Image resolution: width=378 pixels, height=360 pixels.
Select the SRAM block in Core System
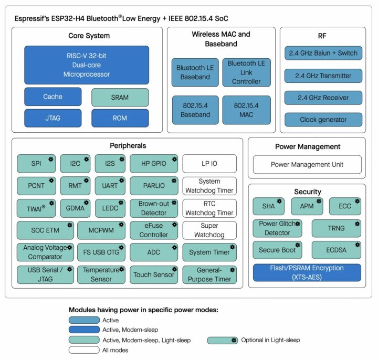[x=120, y=97]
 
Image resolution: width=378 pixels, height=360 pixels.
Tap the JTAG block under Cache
[x=52, y=118]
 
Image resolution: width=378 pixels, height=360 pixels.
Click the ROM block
[x=120, y=118]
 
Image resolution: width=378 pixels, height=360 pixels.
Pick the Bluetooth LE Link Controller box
[x=246, y=72]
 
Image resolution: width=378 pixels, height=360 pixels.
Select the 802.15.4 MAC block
[x=246, y=109]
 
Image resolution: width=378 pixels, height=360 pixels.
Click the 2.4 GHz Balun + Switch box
[x=323, y=54]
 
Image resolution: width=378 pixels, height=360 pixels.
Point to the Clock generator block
[x=323, y=120]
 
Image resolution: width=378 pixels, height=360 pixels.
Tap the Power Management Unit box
[x=307, y=164]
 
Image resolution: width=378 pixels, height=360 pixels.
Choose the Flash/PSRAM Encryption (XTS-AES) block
[x=307, y=272]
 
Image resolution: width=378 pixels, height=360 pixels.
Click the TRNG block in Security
[x=337, y=228]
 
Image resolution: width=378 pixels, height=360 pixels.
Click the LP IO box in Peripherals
[x=209, y=164]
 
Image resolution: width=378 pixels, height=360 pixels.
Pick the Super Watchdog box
[x=209, y=230]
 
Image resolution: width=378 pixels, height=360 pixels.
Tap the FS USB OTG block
[x=101, y=252]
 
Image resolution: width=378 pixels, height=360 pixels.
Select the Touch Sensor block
[x=153, y=274]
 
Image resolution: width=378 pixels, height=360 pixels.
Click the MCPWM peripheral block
[x=101, y=230]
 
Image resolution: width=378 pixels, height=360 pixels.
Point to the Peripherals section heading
[x=128, y=145]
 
